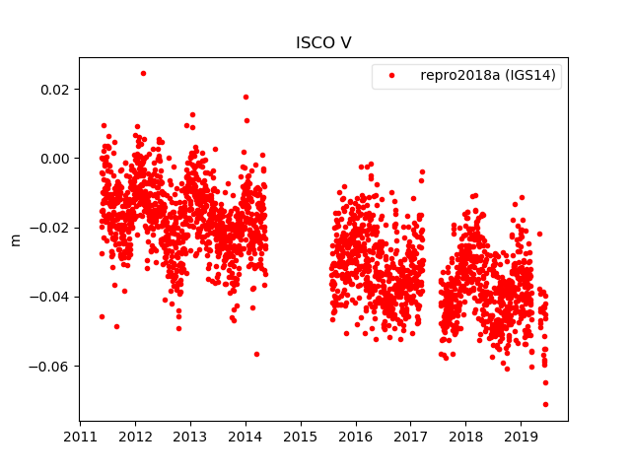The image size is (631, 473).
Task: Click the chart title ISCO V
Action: click(323, 43)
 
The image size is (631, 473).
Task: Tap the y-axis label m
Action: click(15, 239)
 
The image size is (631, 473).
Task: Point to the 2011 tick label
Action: click(80, 437)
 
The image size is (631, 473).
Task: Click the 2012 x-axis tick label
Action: click(135, 437)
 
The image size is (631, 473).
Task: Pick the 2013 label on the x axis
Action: click(190, 437)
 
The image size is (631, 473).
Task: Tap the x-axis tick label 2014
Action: click(245, 437)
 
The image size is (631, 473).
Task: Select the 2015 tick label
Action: click(301, 437)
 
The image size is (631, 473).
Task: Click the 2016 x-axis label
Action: click(356, 437)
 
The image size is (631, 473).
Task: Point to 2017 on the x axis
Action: click(411, 437)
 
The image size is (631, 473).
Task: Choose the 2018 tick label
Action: click(466, 437)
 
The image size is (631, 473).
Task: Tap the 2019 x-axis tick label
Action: click(521, 437)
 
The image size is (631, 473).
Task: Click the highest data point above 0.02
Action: click(143, 73)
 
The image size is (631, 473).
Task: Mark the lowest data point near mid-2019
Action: click(545, 404)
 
